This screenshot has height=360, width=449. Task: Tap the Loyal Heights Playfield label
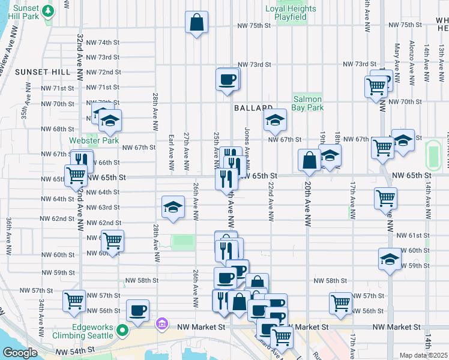coord(291,13)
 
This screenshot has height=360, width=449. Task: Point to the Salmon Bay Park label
coord(308,103)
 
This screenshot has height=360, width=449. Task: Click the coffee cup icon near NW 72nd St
coord(227,79)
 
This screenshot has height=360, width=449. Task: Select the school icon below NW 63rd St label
coord(173,207)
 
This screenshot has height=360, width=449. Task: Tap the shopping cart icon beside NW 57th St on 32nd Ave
coord(74,301)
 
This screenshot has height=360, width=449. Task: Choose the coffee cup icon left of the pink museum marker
coord(138,310)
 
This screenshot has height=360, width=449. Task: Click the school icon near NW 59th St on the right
coord(390,260)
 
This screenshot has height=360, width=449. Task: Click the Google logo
coord(20,353)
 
